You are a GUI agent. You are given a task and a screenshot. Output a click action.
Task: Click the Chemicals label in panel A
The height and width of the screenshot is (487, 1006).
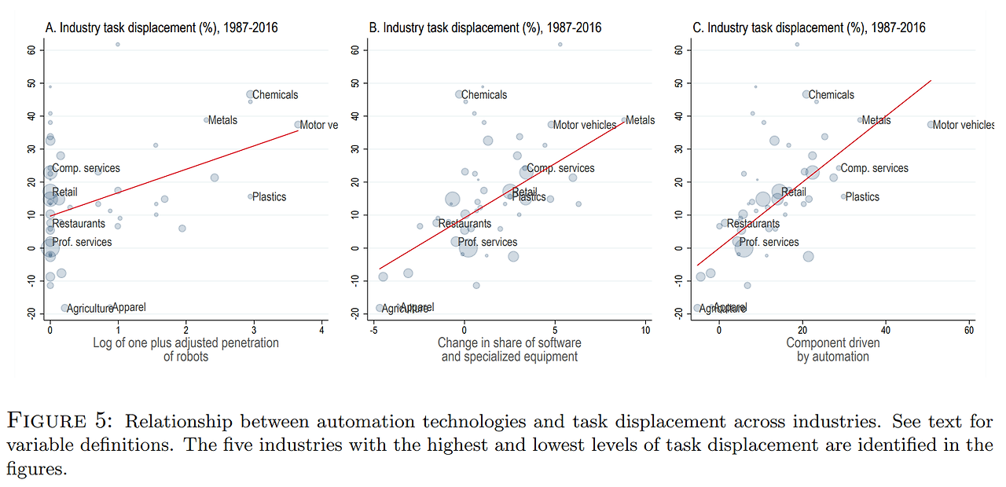pos(275,95)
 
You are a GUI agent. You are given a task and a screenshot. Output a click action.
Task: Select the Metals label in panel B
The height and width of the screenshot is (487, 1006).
pos(641,120)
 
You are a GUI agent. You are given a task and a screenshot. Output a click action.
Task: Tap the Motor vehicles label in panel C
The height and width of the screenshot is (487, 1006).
pos(963,125)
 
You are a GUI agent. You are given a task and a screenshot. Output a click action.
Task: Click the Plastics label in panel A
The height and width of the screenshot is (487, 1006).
pos(269,197)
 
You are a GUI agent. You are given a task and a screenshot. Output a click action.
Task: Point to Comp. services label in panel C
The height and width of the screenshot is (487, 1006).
pos(875,168)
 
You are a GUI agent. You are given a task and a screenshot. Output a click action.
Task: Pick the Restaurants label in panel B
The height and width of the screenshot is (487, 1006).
pos(464,224)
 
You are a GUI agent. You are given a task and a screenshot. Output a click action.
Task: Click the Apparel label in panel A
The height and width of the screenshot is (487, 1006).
pos(129,307)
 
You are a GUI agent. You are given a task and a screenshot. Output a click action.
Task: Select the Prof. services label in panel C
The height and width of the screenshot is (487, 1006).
pos(769,242)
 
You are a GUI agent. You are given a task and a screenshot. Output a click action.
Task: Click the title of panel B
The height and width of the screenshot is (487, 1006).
pos(485,27)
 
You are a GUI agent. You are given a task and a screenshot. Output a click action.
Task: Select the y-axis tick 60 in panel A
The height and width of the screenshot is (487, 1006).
pos(32,50)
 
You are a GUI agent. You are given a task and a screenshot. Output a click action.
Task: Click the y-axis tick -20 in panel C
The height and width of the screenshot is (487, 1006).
pos(679,313)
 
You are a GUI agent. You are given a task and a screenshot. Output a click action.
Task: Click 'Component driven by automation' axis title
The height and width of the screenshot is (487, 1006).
pos(832,350)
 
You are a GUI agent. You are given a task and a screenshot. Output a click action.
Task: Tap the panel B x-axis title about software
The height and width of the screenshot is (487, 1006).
pos(509,350)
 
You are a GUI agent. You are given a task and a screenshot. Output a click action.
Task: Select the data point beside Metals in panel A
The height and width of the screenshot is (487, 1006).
pos(207,120)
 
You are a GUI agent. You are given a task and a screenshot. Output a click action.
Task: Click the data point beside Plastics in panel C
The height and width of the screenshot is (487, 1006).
pos(843,196)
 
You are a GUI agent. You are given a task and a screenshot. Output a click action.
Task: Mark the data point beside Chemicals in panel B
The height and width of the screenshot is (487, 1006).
pos(459,94)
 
